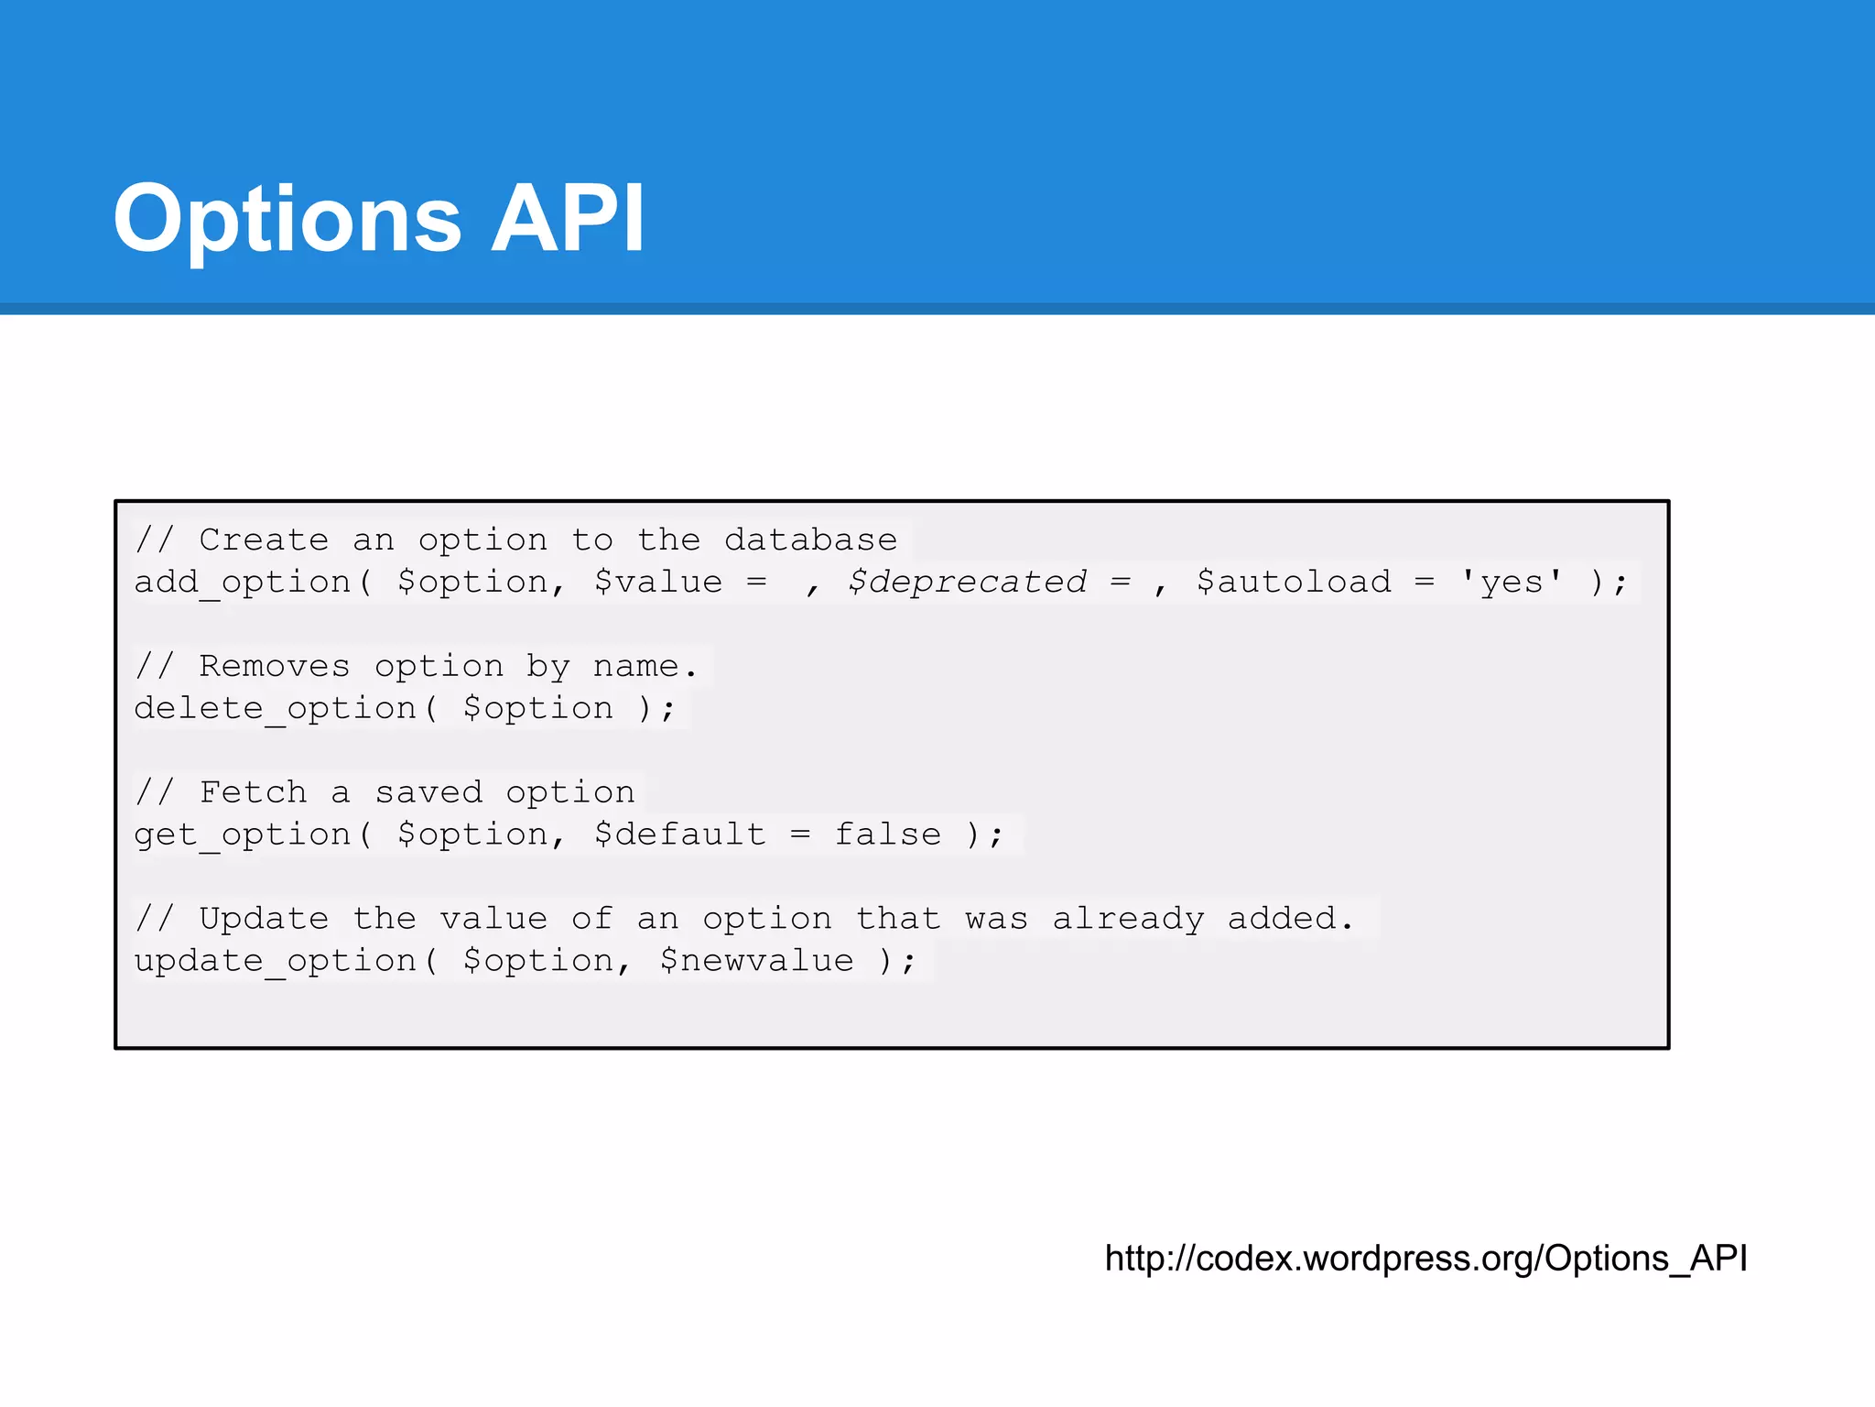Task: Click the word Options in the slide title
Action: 287,220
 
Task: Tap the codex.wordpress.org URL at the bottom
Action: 1425,1259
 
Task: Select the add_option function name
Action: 243,583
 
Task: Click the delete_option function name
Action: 276,709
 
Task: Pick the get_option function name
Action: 243,834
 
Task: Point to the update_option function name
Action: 276,961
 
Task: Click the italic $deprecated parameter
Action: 967,583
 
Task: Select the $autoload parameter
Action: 1294,583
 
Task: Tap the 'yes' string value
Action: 1512,583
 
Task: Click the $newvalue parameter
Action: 757,961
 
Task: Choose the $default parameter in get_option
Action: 680,834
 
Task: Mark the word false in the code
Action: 888,834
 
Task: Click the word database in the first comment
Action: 810,540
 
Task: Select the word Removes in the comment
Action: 275,666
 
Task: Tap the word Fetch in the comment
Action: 253,792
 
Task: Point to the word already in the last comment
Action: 1128,919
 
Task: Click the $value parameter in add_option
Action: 658,583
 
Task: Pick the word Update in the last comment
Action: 264,919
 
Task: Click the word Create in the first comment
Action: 264,540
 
